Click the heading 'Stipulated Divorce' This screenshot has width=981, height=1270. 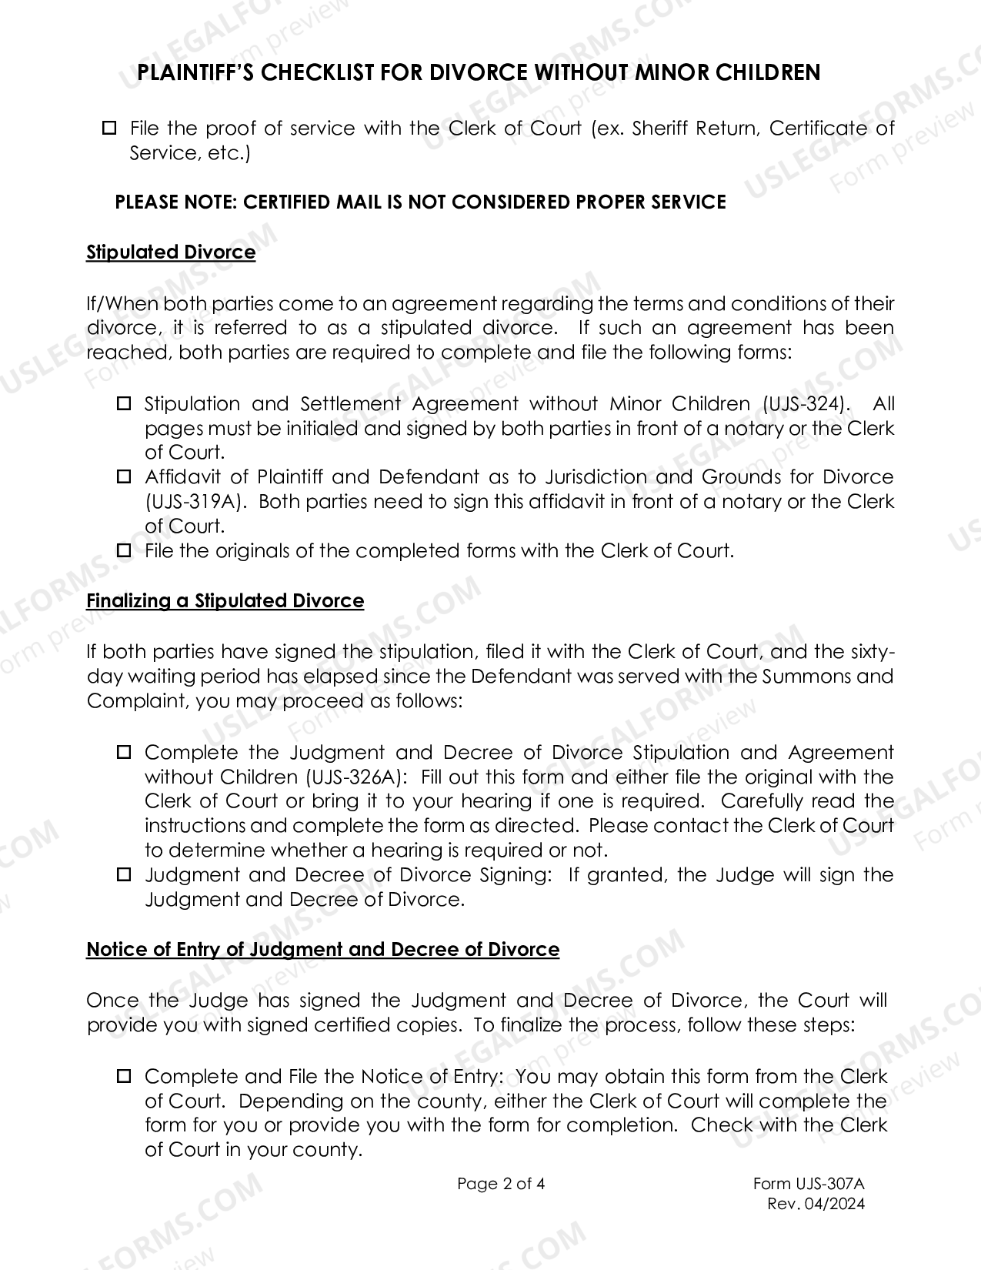(170, 252)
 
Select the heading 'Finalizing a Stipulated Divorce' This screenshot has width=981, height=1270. (225, 600)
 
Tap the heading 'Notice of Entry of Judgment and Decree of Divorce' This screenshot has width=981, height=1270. (322, 949)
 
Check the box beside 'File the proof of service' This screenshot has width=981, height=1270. (109, 127)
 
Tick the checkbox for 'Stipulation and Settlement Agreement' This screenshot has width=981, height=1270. (124, 403)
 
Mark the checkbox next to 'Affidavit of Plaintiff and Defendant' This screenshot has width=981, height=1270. (124, 477)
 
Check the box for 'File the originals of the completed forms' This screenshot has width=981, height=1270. (124, 551)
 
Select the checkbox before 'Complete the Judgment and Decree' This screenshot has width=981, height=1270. (124, 752)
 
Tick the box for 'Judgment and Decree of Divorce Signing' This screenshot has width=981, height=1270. (124, 875)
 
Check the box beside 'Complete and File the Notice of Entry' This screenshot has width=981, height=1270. (124, 1076)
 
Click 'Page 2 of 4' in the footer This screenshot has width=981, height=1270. (501, 1184)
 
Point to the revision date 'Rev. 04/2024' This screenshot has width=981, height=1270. (816, 1204)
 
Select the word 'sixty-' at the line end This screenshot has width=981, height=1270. (873, 652)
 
